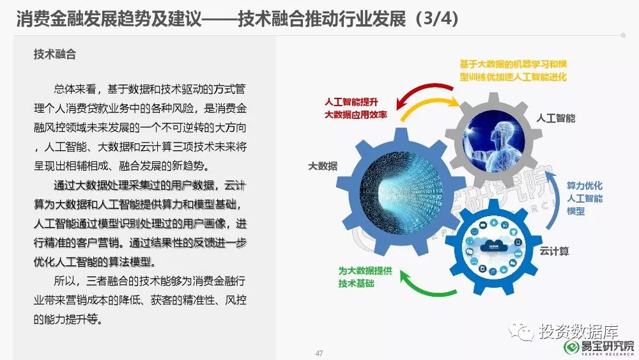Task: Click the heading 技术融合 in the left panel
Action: [x=54, y=54]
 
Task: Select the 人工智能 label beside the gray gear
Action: [x=555, y=118]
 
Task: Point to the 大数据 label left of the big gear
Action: [x=323, y=166]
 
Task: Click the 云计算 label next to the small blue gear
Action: [x=554, y=251]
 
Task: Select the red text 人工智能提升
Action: [x=351, y=102]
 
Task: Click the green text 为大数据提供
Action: [x=365, y=270]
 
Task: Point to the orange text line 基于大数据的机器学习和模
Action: [x=513, y=64]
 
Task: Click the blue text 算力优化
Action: [x=585, y=185]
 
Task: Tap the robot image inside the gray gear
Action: [x=493, y=141]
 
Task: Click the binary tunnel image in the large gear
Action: [x=401, y=194]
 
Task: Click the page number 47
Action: [x=319, y=353]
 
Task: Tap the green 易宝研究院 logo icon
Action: [x=571, y=347]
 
